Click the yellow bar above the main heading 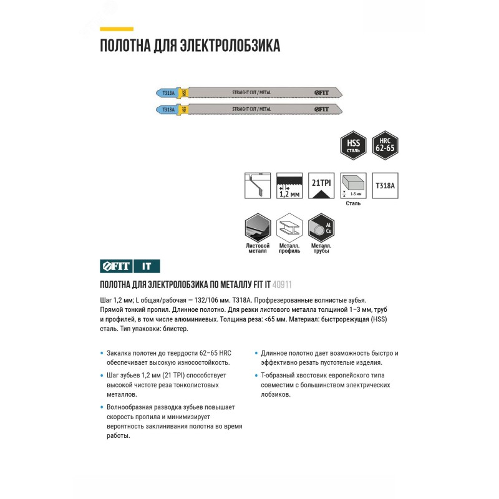point(117,29)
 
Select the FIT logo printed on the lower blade point(320,109)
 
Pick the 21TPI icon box point(321,185)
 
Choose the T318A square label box point(385,185)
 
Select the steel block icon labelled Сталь point(353,185)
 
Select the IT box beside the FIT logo point(147,266)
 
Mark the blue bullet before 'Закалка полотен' point(102,353)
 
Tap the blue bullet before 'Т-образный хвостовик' point(256,375)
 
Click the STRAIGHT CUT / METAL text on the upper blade point(251,92)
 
